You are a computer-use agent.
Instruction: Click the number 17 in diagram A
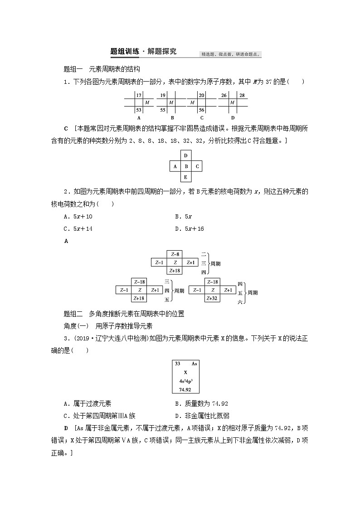coord(139,96)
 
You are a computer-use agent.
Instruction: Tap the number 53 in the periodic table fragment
coord(139,110)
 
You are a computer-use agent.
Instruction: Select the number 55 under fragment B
coord(162,110)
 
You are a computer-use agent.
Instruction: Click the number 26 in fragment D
coord(224,96)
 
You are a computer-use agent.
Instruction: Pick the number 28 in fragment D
coord(242,96)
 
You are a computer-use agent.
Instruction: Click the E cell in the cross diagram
coord(185,177)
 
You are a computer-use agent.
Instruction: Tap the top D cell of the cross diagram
coord(185,156)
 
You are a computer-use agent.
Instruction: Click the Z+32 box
coord(211,298)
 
